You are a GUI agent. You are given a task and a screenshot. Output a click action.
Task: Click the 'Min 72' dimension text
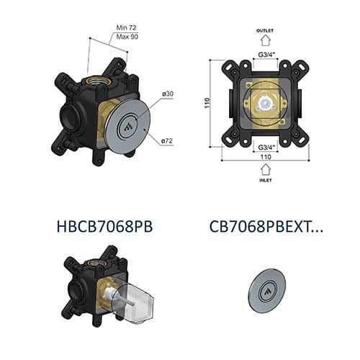[127, 27]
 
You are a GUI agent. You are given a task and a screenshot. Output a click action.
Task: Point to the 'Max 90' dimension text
[127, 36]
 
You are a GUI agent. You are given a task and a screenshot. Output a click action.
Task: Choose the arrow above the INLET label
[266, 170]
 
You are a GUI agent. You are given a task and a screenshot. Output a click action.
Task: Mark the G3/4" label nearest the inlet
[266, 147]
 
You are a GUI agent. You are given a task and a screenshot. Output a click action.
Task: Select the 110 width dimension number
[266, 156]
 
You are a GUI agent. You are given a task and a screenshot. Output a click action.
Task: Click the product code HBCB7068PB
[104, 227]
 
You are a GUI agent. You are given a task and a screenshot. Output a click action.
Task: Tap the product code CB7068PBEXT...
[266, 227]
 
